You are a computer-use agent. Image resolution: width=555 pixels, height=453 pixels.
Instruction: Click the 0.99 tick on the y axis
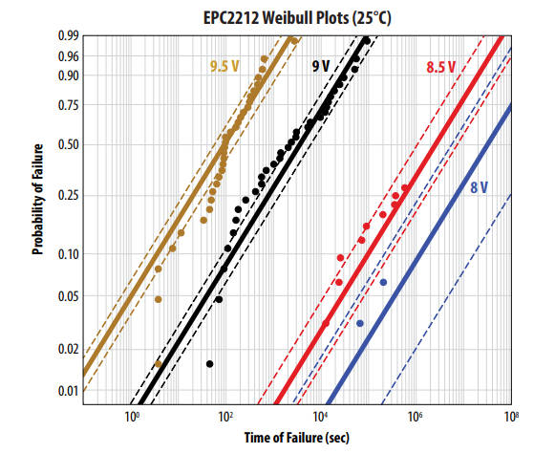66,36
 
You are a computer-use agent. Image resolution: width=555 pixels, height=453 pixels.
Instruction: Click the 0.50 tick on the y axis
66,145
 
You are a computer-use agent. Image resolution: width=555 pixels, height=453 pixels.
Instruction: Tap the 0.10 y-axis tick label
66,254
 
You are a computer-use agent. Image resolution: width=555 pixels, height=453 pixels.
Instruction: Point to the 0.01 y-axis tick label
66,391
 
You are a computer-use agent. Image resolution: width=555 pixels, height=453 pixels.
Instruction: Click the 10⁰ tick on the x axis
132,417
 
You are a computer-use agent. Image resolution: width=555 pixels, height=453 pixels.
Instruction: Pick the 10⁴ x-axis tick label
321,417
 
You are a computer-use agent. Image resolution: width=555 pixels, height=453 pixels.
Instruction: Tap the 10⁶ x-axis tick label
416,417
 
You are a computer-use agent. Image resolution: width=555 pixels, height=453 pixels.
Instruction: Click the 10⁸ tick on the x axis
511,417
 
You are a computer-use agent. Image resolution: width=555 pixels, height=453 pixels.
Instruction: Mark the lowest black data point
209,364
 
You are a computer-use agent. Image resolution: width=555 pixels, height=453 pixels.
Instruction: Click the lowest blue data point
360,323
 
